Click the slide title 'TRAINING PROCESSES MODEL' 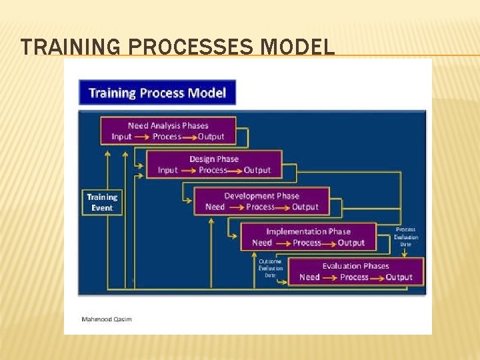click(x=177, y=47)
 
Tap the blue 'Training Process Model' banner click(x=157, y=93)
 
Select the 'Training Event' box click(x=102, y=202)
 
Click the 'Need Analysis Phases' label click(x=168, y=125)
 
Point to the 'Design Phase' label click(x=213, y=159)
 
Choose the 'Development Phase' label click(x=261, y=196)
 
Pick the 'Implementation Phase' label click(x=308, y=231)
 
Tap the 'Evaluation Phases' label click(x=355, y=266)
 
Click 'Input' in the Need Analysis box click(x=121, y=137)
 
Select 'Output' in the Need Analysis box click(x=211, y=137)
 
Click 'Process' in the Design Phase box click(x=213, y=170)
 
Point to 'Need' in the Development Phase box click(x=215, y=207)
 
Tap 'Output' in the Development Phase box click(x=305, y=207)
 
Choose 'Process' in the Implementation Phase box click(x=307, y=243)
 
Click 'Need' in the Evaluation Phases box click(x=309, y=277)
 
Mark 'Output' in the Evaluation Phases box click(x=399, y=277)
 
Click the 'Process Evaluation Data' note click(x=406, y=237)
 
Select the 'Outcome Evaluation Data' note click(x=270, y=268)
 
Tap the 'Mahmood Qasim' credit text click(x=107, y=319)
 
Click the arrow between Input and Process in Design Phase click(x=188, y=170)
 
